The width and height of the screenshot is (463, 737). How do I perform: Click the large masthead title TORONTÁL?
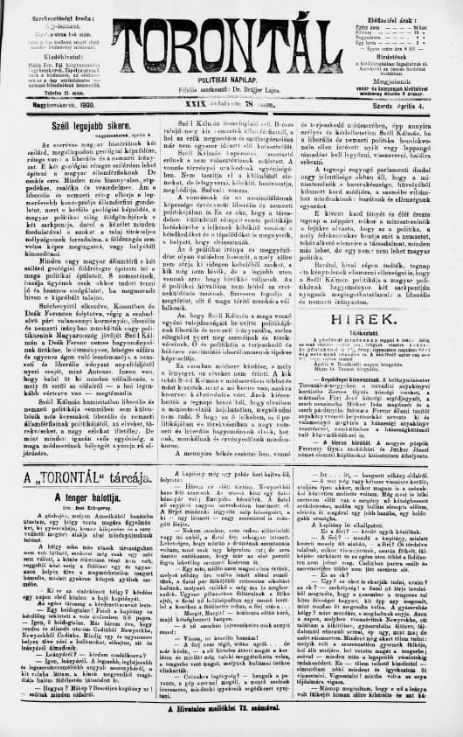230,45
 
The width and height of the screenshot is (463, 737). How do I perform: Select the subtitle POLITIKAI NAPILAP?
231,80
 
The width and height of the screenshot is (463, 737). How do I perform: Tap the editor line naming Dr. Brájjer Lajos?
231,91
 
